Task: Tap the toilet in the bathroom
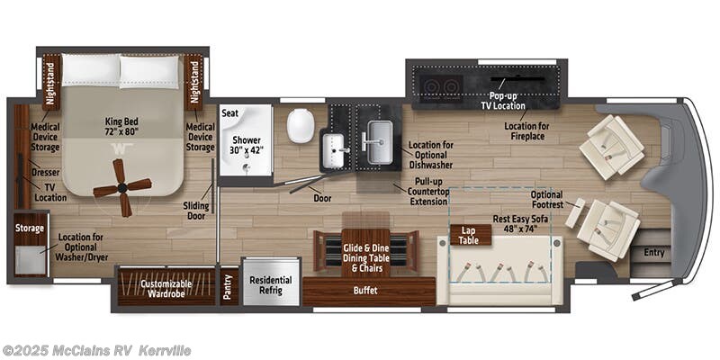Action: pyautogui.click(x=301, y=125)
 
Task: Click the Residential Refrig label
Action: pyautogui.click(x=271, y=285)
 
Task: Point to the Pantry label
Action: pyautogui.click(x=228, y=286)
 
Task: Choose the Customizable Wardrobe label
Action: pyautogui.click(x=166, y=289)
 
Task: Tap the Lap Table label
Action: pyautogui.click(x=471, y=235)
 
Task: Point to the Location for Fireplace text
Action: pyautogui.click(x=526, y=131)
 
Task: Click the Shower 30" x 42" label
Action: pyautogui.click(x=246, y=146)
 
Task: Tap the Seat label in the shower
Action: pyautogui.click(x=230, y=113)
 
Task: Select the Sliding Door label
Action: pyautogui.click(x=196, y=211)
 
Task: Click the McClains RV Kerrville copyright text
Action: pyautogui.click(x=96, y=350)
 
